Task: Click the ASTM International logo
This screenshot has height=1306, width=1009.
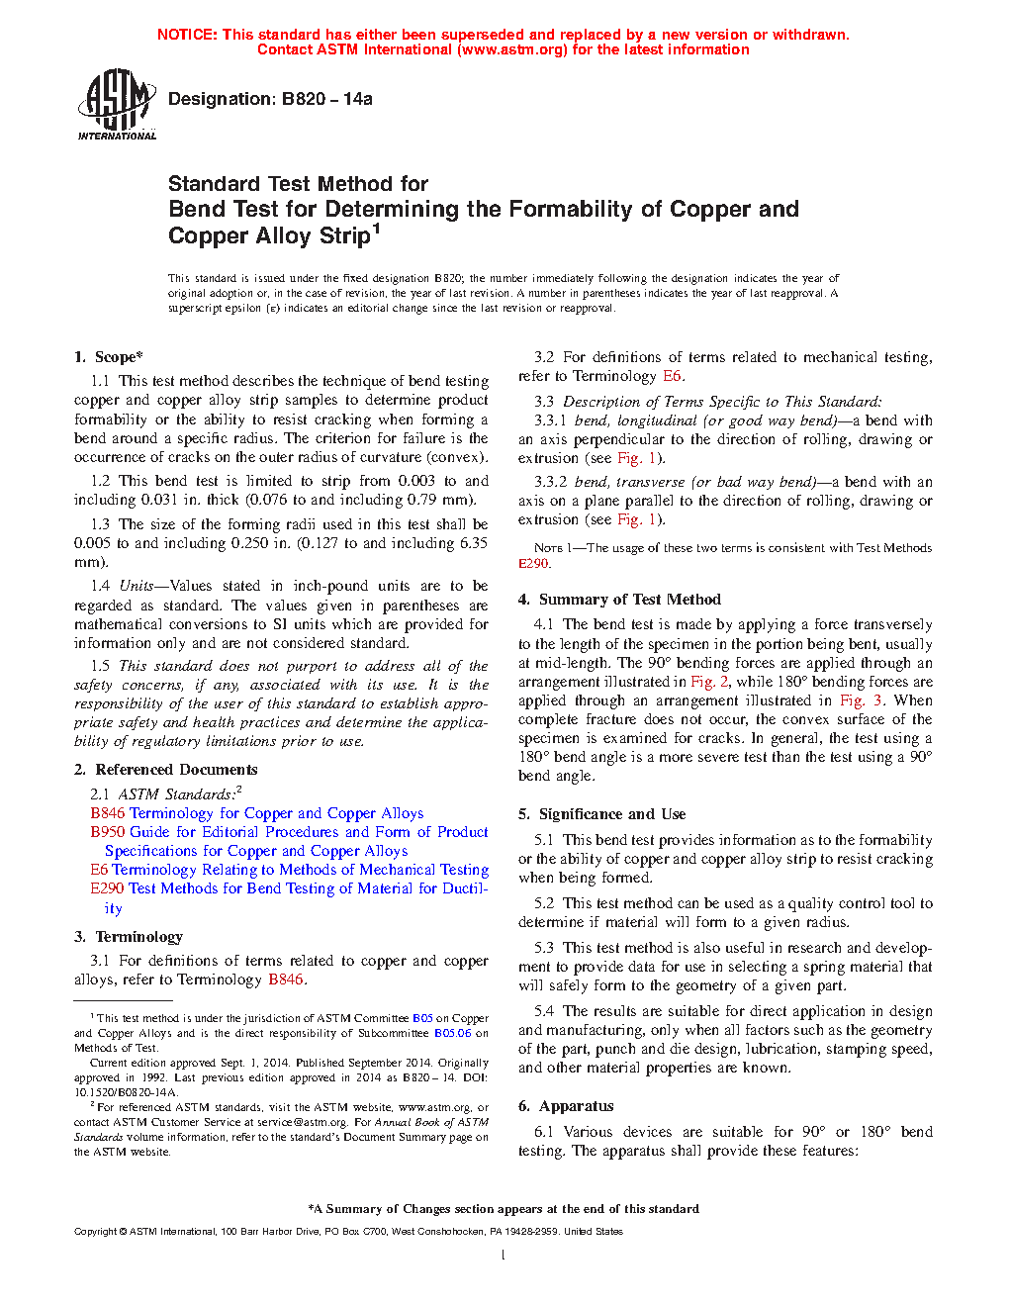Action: [x=116, y=104]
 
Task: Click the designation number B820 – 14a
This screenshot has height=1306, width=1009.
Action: [x=326, y=99]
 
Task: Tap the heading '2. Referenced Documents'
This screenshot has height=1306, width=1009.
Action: [x=165, y=770]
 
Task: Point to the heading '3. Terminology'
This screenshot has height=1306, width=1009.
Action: [x=129, y=937]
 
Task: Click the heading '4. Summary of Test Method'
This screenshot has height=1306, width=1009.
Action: [x=619, y=600]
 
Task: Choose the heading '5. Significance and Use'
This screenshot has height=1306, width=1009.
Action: [x=601, y=814]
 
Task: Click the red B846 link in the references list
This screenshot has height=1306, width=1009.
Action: [x=108, y=813]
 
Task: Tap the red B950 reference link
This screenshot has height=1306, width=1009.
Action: [x=108, y=832]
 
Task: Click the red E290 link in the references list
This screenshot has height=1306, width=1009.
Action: [x=108, y=888]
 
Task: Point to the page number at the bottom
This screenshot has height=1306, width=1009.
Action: [x=504, y=1256]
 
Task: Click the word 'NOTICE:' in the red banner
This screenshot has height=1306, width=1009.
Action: [x=187, y=35]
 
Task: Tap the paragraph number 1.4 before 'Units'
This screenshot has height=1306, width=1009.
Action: [x=100, y=586]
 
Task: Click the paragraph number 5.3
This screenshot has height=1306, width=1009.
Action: [x=544, y=948]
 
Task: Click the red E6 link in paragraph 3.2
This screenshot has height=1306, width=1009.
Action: [x=672, y=376]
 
